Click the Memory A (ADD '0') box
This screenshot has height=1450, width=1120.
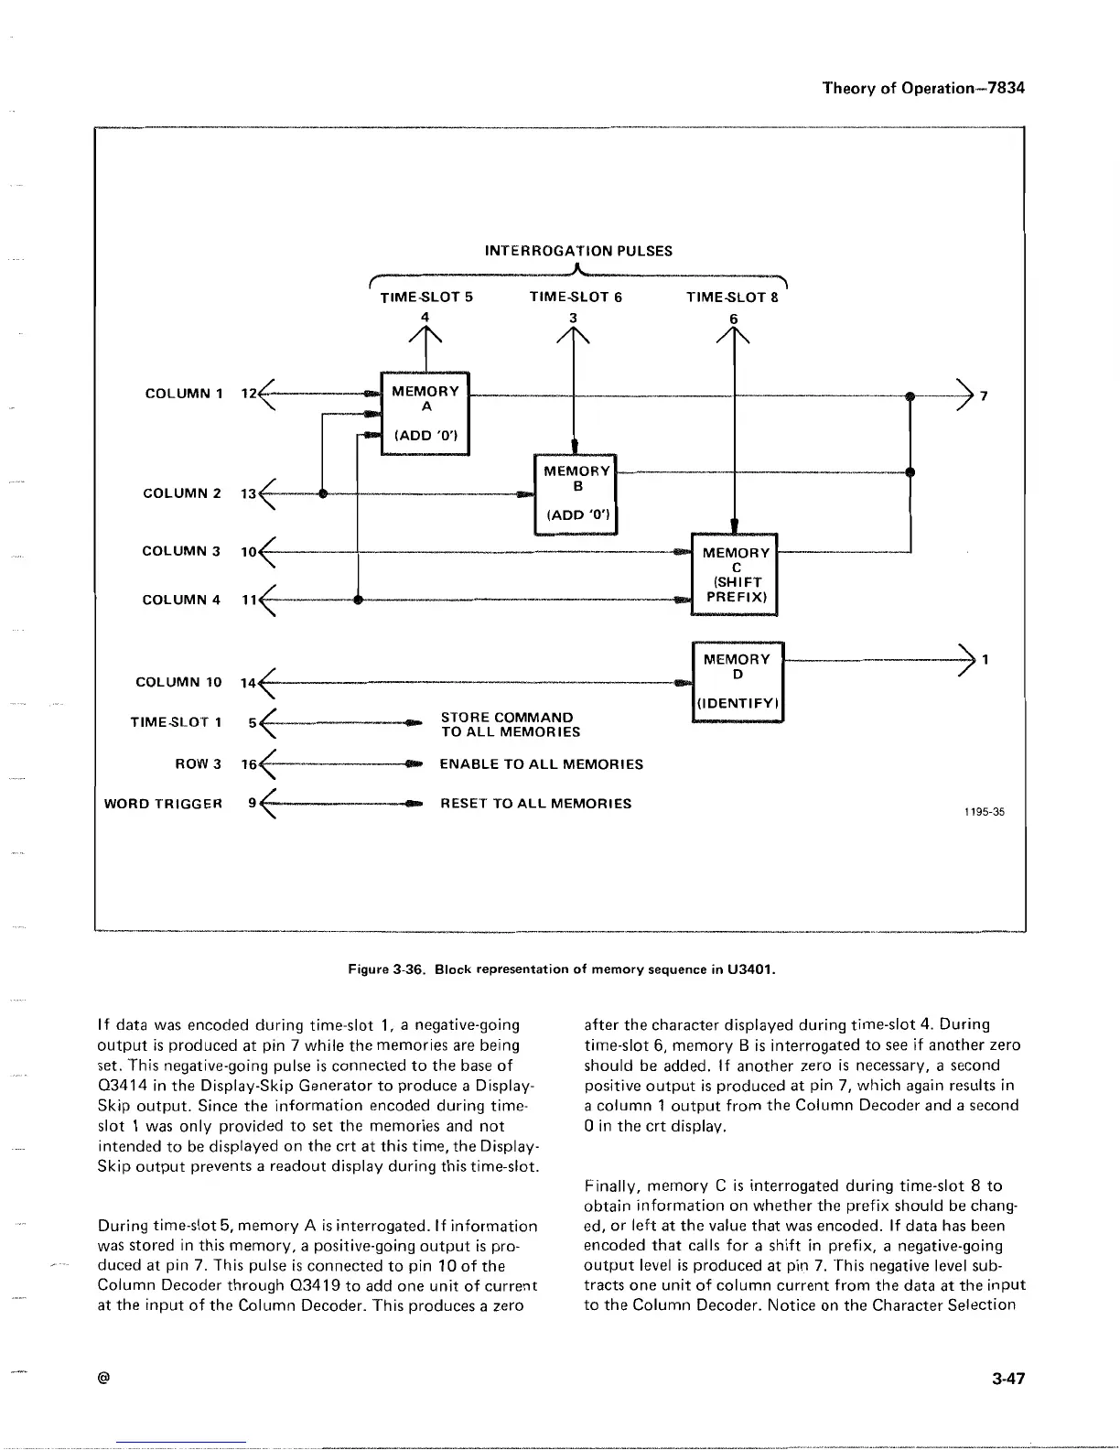tap(425, 413)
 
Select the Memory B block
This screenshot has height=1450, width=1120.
tap(576, 493)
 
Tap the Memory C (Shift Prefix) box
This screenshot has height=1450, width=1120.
tap(736, 575)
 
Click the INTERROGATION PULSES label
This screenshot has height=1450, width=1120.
tap(577, 251)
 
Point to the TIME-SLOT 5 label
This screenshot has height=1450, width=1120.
tap(425, 297)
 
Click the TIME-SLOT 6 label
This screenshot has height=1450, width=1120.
tap(576, 297)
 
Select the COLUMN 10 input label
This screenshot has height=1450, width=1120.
tap(178, 682)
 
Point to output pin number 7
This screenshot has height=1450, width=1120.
tap(984, 396)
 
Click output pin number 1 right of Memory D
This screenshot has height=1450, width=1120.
tap(985, 659)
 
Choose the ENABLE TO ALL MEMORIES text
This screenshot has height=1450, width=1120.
tap(541, 764)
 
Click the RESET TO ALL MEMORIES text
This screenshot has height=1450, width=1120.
tap(535, 804)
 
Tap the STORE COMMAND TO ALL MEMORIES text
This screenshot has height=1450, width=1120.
tap(510, 724)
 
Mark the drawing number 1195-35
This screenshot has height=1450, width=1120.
tap(984, 811)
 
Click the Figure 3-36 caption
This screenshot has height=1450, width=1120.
tap(562, 968)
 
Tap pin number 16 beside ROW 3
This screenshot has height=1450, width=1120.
tap(248, 764)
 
